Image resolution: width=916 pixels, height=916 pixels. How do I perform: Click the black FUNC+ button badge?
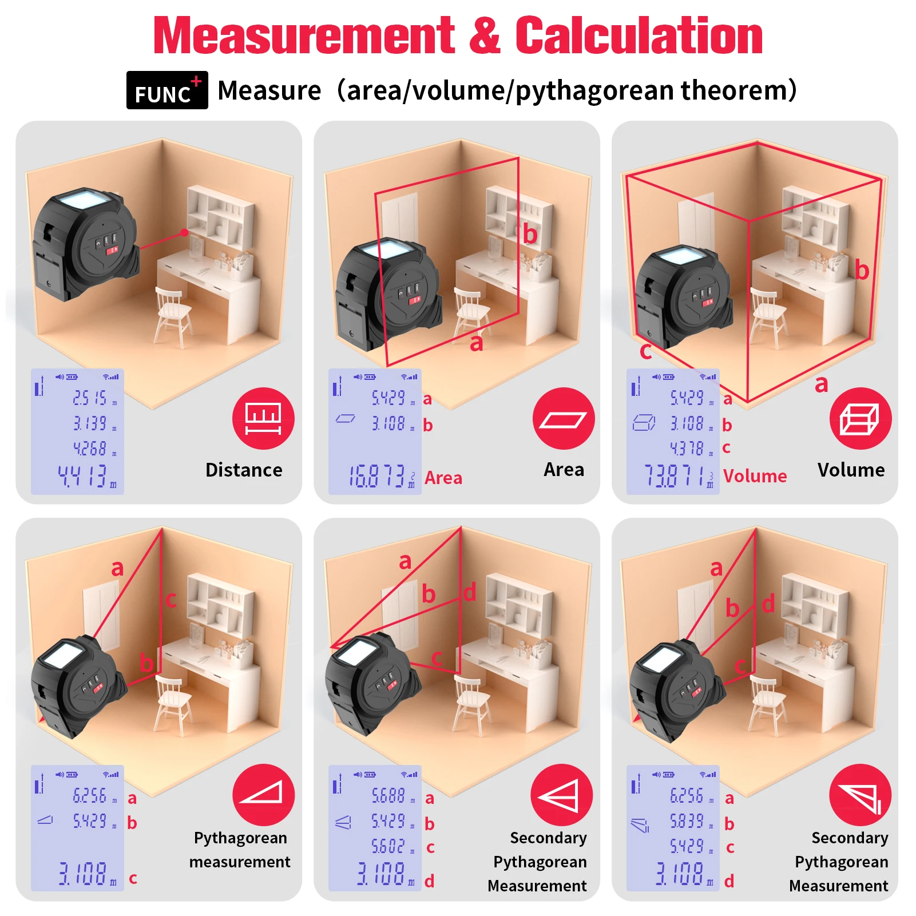(166, 90)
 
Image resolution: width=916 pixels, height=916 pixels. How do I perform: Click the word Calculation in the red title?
(639, 36)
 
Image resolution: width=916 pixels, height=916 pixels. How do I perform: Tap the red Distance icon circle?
(263, 419)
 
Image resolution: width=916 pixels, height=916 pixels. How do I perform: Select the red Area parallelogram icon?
(563, 419)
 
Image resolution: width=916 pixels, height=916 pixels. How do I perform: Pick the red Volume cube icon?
(860, 419)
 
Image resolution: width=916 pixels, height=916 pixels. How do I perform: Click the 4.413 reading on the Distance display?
(86, 476)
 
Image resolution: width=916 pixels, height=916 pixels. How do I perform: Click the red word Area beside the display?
(443, 478)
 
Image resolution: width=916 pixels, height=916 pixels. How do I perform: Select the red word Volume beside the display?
(754, 476)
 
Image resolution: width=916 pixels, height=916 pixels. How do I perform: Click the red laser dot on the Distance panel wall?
(184, 232)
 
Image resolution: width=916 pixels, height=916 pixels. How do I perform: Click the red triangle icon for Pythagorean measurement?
(263, 795)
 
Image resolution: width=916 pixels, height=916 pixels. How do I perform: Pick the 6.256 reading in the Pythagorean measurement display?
(90, 796)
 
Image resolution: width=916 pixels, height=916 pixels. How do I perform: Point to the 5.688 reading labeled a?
(388, 796)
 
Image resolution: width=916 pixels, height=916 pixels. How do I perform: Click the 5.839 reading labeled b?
(687, 822)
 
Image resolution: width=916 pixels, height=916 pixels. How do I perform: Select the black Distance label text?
(244, 470)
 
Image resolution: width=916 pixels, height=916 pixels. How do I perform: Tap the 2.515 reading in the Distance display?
(90, 398)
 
